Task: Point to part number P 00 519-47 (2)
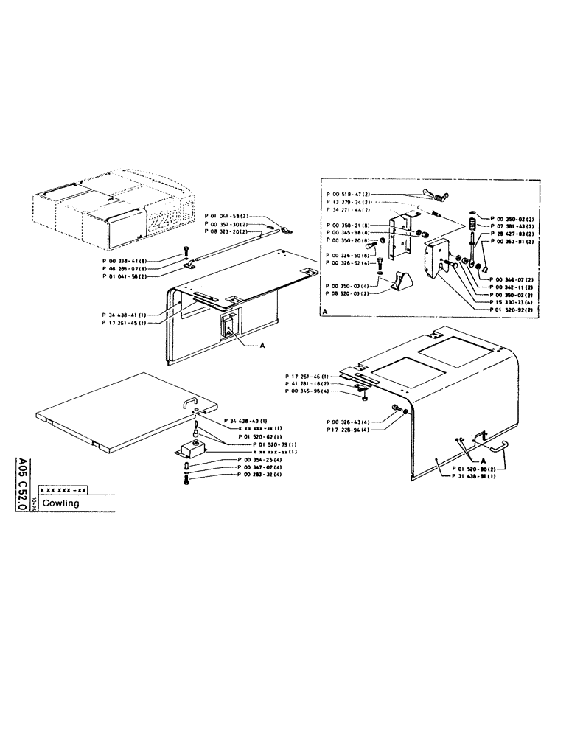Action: [351, 193]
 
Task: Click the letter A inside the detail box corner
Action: [325, 313]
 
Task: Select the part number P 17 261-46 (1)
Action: [304, 377]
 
